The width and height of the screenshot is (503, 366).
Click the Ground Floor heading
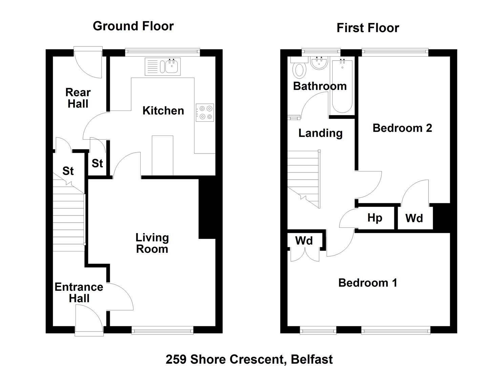click(133, 26)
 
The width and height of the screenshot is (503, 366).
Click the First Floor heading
click(368, 28)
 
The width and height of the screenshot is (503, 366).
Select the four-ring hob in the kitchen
click(205, 113)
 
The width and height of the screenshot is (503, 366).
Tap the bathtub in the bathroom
click(342, 86)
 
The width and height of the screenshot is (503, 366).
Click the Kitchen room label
click(163, 111)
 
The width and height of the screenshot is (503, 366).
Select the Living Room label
click(152, 243)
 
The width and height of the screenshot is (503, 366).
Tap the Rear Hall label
click(78, 98)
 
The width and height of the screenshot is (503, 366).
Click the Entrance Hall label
click(79, 293)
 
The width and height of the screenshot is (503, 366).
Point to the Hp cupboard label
click(375, 218)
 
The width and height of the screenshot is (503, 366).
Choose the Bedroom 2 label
click(402, 128)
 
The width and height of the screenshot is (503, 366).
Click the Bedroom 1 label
click(368, 283)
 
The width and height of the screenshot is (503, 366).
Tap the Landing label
click(320, 133)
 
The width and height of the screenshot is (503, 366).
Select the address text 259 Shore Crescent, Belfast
click(249, 359)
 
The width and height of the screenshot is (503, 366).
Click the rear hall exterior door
click(88, 62)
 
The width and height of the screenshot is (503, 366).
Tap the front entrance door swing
click(89, 321)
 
